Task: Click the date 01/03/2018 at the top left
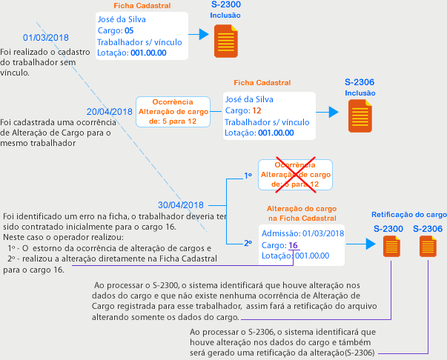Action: pos(45,38)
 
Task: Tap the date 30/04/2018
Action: pos(181,204)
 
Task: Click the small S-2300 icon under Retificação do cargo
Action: pos(391,247)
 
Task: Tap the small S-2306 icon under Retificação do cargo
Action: pos(428,247)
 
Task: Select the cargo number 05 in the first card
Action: pos(128,30)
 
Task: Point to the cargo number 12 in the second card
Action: pos(256,110)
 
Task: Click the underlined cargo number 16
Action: pos(293,245)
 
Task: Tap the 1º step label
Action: pos(248,176)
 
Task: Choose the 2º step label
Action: pos(248,242)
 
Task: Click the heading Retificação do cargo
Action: pos(408,214)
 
